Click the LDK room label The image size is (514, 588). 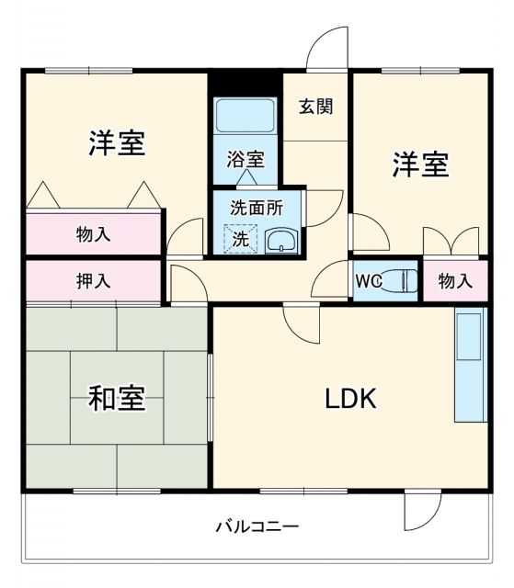(x=348, y=399)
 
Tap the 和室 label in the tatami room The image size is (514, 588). (x=117, y=399)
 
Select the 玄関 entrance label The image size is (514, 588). (x=315, y=106)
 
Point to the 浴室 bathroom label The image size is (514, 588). (x=246, y=159)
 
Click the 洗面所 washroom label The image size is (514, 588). (x=257, y=208)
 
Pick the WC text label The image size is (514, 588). (x=368, y=281)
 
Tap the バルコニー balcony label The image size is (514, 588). (x=257, y=527)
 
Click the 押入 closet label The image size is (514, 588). (x=93, y=281)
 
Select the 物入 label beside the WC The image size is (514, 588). (x=455, y=281)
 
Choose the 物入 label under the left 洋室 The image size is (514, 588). (x=93, y=233)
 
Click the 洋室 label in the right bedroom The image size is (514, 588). (x=420, y=165)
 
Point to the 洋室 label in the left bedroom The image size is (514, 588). (x=118, y=143)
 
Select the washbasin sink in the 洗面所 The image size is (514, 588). (x=280, y=242)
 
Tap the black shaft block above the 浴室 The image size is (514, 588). (x=245, y=82)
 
